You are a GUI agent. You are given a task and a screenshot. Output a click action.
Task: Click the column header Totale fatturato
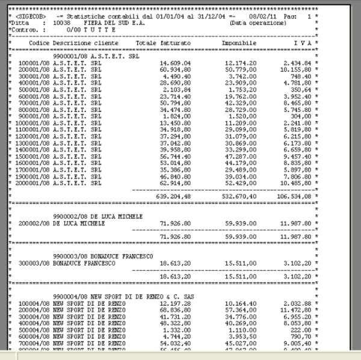click(x=164, y=44)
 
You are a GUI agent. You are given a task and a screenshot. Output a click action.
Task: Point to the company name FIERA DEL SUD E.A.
click(x=113, y=22)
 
